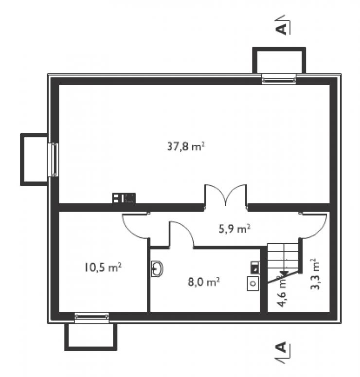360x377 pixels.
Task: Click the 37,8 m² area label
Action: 186,146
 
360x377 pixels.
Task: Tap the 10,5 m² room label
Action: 103,268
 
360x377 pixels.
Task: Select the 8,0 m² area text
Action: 203,282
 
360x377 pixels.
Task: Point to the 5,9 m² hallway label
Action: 234,229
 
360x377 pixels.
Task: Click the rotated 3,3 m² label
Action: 315,274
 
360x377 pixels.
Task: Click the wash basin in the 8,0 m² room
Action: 158,269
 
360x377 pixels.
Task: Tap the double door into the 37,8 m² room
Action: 226,195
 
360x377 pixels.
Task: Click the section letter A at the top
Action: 282,28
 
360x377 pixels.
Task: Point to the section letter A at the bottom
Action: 282,347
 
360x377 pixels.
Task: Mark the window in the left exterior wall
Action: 53,160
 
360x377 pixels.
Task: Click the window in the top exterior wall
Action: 279,79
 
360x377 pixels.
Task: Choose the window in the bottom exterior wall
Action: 91,317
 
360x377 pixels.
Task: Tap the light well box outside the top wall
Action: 279,60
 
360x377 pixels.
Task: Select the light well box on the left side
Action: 34,160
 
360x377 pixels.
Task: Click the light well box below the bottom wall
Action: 90,337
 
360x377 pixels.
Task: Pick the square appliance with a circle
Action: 253,284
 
